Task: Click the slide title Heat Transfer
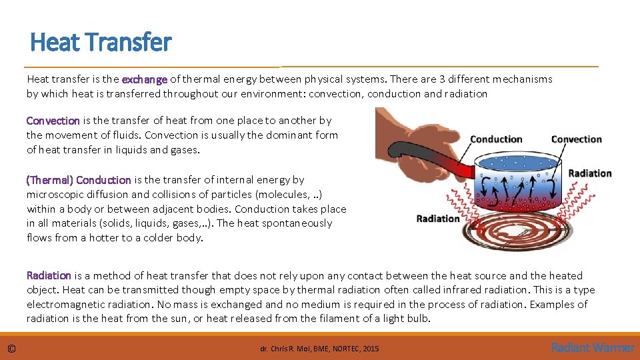[x=101, y=43]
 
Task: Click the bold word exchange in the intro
[x=145, y=79]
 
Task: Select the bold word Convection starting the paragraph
[x=53, y=121]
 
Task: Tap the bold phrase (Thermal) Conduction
[x=78, y=179]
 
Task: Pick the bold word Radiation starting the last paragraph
[x=49, y=275]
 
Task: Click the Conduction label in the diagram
[x=496, y=139]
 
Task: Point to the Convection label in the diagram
[x=576, y=139]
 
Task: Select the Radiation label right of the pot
[x=589, y=173]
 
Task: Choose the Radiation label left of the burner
[x=438, y=219]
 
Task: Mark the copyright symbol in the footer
[x=12, y=348]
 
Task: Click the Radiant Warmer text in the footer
[x=593, y=347]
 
